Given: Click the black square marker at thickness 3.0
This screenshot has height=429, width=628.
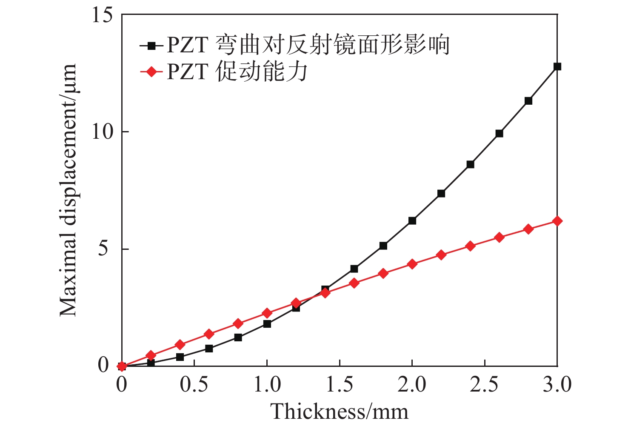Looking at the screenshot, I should pyautogui.click(x=557, y=66).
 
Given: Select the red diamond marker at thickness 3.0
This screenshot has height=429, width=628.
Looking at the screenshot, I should pyautogui.click(x=557, y=221).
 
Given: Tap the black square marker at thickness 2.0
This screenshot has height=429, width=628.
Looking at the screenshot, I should pyautogui.click(x=412, y=220).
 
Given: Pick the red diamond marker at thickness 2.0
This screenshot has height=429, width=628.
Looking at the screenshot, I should pyautogui.click(x=412, y=264).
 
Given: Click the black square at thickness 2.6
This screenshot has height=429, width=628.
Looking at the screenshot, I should pyautogui.click(x=499, y=133).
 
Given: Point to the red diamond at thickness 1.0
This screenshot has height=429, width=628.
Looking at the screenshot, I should pyautogui.click(x=267, y=313).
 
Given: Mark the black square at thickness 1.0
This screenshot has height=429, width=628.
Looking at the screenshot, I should pyautogui.click(x=267, y=324).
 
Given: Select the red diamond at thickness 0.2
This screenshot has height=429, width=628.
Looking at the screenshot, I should pyautogui.click(x=151, y=355).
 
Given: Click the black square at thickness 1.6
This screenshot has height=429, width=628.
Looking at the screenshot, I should pyautogui.click(x=354, y=269).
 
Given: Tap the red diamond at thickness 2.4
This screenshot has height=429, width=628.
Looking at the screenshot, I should pyautogui.click(x=470, y=246).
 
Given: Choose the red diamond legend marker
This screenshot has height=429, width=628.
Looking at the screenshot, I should pyautogui.click(x=151, y=72).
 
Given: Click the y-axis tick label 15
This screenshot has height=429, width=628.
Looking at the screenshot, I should pyautogui.click(x=102, y=15).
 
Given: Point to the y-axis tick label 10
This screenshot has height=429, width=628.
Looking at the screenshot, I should pyautogui.click(x=102, y=132).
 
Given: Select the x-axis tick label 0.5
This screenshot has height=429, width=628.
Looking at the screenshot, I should pyautogui.click(x=194, y=385).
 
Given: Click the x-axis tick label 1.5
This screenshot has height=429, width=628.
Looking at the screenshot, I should pyautogui.click(x=340, y=385).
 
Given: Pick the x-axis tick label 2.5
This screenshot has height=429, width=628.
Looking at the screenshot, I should pyautogui.click(x=484, y=385).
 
